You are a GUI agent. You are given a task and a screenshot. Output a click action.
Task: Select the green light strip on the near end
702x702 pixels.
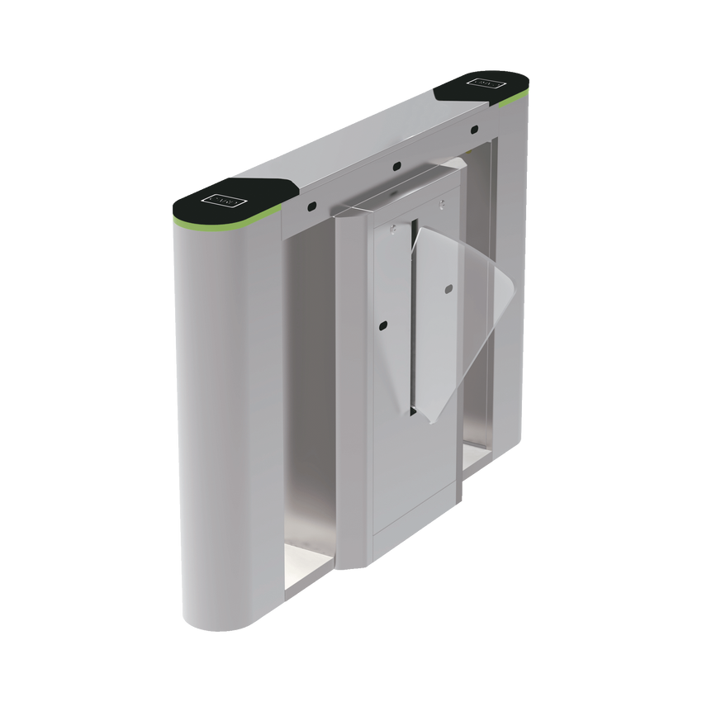point(223,225)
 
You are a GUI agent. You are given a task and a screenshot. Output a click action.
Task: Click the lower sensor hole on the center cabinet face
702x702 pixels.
point(383,323)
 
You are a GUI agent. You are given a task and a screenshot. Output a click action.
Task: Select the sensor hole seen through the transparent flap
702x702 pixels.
point(448,288)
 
